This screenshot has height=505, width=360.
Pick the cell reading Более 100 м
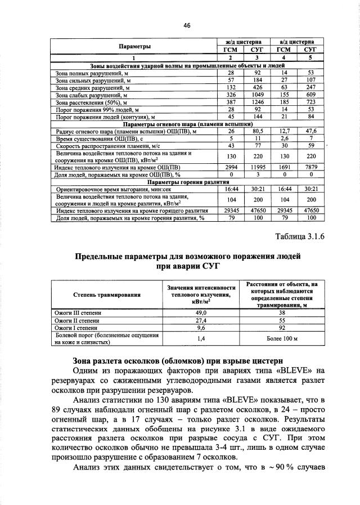click(x=281, y=338)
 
